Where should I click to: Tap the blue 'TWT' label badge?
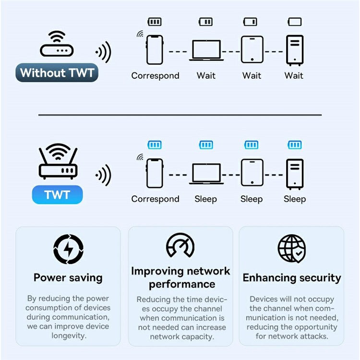click(x=57, y=195)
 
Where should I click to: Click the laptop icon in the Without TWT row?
click(x=206, y=50)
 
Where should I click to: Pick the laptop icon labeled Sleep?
click(x=206, y=173)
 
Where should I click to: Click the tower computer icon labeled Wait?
click(x=294, y=50)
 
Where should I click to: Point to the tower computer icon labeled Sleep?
click(x=294, y=173)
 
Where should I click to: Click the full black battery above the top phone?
click(x=155, y=22)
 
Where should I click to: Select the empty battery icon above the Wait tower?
click(x=295, y=22)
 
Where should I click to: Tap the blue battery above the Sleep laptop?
click(x=206, y=145)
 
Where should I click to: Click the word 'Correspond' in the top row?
click(x=155, y=75)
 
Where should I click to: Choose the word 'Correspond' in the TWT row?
click(x=155, y=199)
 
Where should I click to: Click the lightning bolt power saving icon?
click(x=68, y=249)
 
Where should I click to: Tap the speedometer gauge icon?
click(x=180, y=246)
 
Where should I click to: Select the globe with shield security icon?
click(x=292, y=249)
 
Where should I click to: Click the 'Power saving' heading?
click(x=68, y=277)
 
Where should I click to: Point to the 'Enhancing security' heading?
click(x=292, y=278)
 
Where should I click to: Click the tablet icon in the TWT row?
click(x=252, y=173)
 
